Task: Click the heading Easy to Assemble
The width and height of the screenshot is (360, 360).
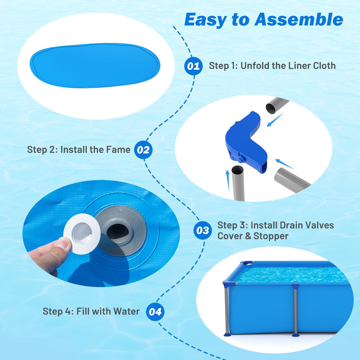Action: (263, 19)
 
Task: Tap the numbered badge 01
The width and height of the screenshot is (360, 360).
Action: (193, 66)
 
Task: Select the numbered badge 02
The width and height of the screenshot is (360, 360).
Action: (143, 150)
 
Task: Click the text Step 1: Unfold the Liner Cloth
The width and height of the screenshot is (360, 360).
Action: (272, 66)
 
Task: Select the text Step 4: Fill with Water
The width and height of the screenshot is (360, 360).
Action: (91, 311)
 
